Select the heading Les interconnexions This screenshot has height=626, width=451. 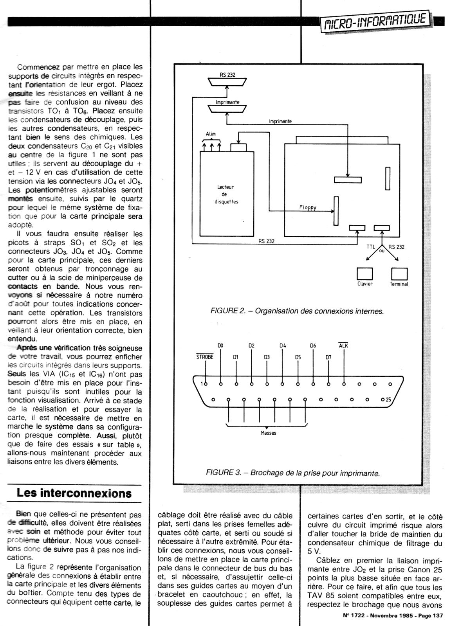coord(74,493)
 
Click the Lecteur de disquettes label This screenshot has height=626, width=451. coord(227,194)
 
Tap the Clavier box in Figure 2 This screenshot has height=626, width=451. coord(364,273)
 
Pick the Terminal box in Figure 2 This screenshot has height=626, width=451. coord(399,273)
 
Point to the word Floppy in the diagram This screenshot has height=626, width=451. coord(308,207)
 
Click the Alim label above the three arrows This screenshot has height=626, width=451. coord(211,134)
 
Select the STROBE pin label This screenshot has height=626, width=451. coord(204,357)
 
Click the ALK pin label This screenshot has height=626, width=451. coord(343,345)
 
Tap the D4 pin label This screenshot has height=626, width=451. coord(283,345)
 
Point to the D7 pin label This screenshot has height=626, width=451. coord(328,357)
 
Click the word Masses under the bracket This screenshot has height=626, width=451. coord(268,433)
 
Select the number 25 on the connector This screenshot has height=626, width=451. coord(388,400)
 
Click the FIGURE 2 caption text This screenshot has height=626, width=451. coord(297,311)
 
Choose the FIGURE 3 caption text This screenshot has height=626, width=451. coord(293,473)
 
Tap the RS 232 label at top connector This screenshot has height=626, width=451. coord(227,75)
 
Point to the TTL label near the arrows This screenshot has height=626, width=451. coord(370,247)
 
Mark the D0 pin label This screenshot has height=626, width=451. coord(220,345)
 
